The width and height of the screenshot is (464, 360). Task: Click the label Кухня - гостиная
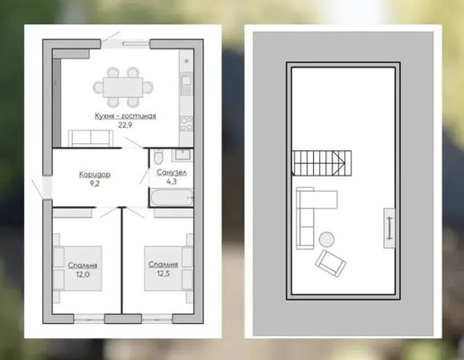(125, 116)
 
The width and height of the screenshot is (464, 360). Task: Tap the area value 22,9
(125, 125)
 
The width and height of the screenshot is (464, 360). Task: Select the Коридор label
(94, 175)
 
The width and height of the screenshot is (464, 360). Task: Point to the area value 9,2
(94, 184)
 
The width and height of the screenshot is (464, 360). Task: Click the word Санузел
(172, 173)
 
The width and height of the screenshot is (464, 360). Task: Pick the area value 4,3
(172, 182)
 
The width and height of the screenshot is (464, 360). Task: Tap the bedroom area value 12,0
(83, 274)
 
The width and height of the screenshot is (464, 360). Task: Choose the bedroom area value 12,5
(164, 274)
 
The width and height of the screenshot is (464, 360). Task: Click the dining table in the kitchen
(123, 87)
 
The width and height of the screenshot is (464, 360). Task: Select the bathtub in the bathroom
(171, 197)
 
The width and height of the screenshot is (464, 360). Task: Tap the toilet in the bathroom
(158, 157)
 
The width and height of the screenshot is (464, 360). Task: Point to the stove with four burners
(186, 123)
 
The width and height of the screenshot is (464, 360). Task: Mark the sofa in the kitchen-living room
(91, 139)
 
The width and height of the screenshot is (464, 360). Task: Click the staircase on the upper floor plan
(321, 163)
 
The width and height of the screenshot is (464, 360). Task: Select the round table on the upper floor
(326, 239)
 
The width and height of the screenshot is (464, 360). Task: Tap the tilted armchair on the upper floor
(331, 264)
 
